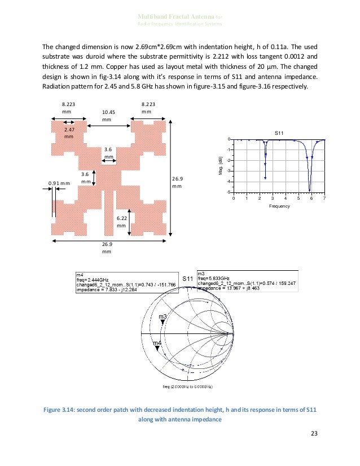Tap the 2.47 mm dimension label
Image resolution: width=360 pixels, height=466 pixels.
coord(69,133)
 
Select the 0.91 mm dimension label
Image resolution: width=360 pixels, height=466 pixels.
coord(59,183)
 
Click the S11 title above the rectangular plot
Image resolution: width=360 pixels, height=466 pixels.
coord(279,133)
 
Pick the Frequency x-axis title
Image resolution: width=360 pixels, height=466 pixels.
coord(279,206)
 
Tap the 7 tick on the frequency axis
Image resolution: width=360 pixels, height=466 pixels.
coord(325,199)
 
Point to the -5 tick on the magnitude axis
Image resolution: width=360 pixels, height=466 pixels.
coord(229,192)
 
